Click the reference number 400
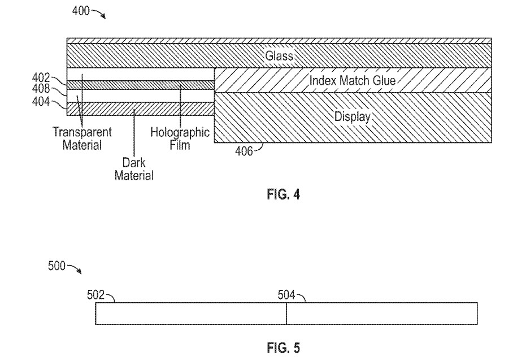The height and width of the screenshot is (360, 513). [x=81, y=11]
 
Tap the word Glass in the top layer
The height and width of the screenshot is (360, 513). [x=279, y=55]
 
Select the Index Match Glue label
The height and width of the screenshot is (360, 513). [x=353, y=80]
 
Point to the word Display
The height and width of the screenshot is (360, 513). [x=353, y=116]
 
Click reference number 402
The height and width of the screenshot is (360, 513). [x=41, y=78]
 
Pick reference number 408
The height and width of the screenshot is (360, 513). [x=41, y=89]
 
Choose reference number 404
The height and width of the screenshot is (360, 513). [x=41, y=102]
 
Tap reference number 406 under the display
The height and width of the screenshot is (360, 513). [x=244, y=151]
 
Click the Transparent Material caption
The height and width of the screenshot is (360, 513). [x=82, y=138]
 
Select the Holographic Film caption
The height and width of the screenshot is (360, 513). [x=180, y=138]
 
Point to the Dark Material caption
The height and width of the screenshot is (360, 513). [x=134, y=169]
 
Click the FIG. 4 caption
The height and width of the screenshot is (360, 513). [x=283, y=194]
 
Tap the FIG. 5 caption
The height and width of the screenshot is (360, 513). [x=283, y=348]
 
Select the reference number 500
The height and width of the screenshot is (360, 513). [x=57, y=266]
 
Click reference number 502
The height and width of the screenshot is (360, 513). [x=95, y=295]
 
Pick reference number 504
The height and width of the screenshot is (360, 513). [x=286, y=295]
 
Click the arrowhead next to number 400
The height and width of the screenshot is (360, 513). [x=104, y=17]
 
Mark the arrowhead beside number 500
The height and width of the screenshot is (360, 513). [x=79, y=272]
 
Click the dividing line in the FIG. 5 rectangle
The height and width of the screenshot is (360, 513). [x=286, y=314]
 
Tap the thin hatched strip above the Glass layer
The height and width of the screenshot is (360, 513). [x=279, y=41]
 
